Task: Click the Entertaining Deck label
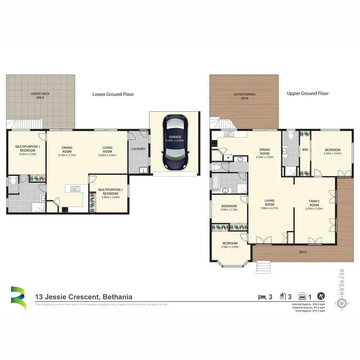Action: pyautogui.click(x=244, y=96)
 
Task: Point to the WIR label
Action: pyautogui.click(x=304, y=150)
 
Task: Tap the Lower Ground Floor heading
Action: pyautogui.click(x=113, y=95)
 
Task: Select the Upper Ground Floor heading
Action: pyautogui.click(x=308, y=94)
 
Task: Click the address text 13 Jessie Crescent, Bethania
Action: pyautogui.click(x=84, y=297)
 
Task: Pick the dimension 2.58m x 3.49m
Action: pyautogui.click(x=232, y=247)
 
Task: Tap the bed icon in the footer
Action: pyautogui.click(x=262, y=297)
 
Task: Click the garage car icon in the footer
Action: pyautogui.click(x=303, y=297)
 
